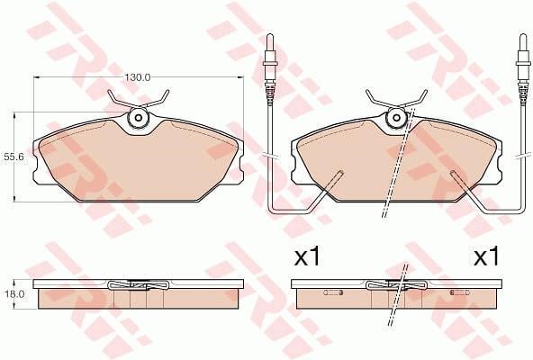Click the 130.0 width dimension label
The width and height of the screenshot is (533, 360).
click(137, 77)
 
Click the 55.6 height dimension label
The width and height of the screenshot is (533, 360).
click(14, 157)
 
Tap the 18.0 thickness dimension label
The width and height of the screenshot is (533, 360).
click(14, 294)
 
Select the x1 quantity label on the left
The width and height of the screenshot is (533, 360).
click(307, 256)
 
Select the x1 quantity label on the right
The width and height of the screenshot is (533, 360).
click(487, 256)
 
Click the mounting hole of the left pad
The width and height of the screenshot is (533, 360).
click(139, 118)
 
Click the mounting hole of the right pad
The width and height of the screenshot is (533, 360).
click(397, 118)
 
